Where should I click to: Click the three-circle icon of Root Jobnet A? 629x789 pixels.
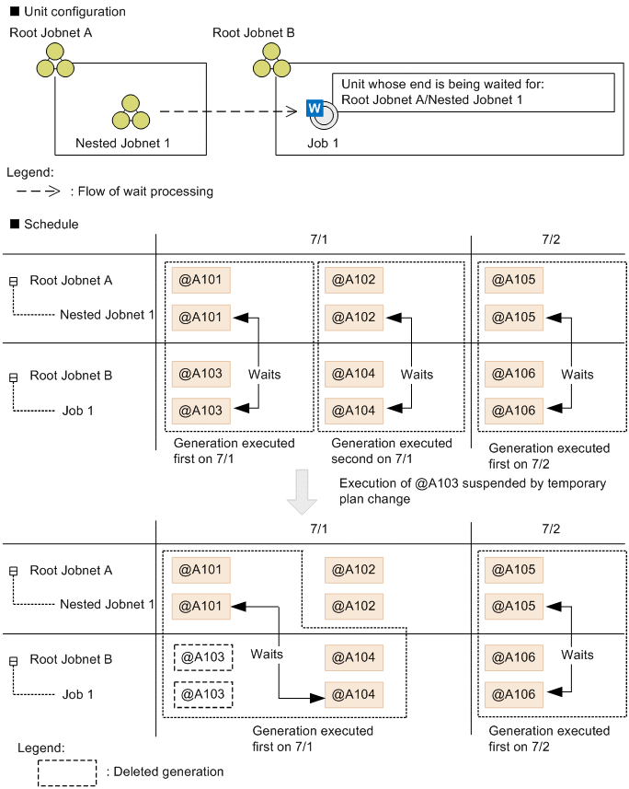tap(55, 62)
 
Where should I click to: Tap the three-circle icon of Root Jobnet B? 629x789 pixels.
tap(267, 62)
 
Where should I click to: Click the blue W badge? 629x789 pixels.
tap(314, 108)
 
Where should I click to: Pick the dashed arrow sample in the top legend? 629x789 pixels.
tap(39, 191)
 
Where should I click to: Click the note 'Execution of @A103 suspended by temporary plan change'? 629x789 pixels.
tap(472, 491)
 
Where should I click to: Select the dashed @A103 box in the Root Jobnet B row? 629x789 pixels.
tap(202, 657)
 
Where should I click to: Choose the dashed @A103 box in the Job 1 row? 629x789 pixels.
tap(202, 693)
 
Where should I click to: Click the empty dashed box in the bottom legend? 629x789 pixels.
tap(66, 772)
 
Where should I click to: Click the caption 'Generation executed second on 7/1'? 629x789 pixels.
tap(392, 451)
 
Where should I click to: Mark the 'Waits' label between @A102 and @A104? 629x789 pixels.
tap(417, 375)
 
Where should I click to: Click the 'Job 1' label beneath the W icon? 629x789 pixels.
tap(323, 144)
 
